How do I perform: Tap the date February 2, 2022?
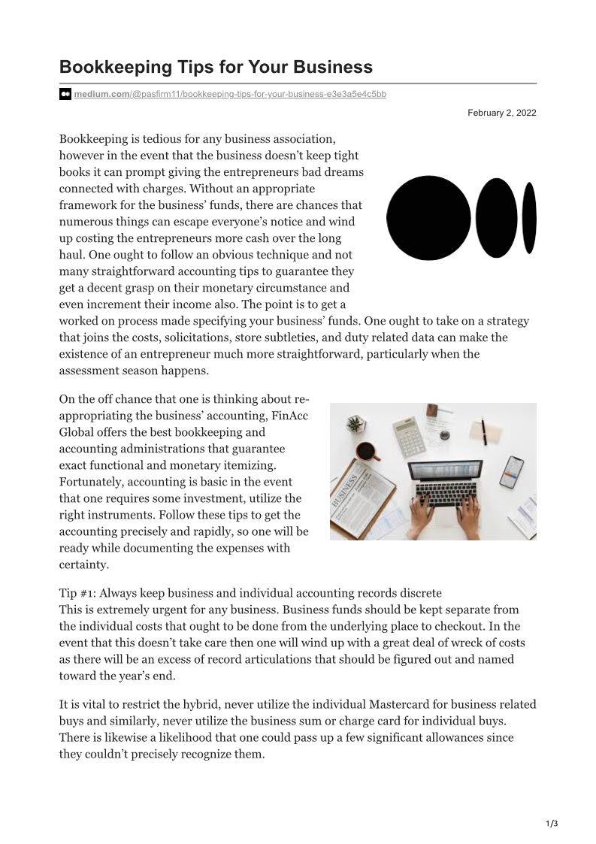click(501, 113)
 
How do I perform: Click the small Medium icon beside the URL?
click(65, 94)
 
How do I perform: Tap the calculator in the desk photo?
click(409, 436)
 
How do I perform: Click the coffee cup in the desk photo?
click(366, 451)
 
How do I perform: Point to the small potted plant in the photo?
click(355, 425)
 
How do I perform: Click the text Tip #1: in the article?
click(81, 593)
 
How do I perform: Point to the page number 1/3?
click(552, 824)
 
